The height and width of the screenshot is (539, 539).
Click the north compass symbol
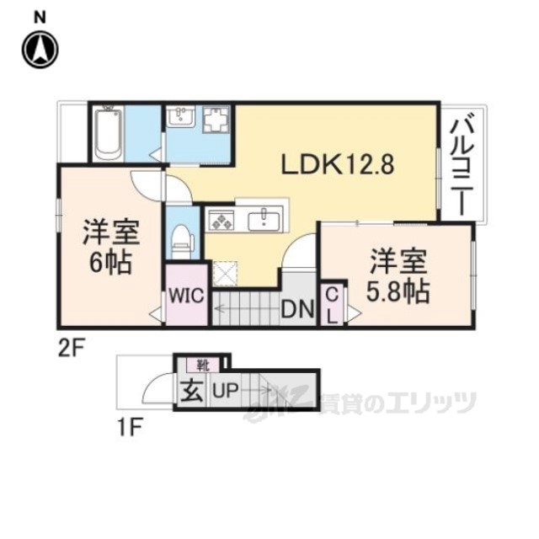pyautogui.click(x=40, y=50)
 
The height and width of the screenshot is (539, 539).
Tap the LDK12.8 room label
pyautogui.click(x=338, y=164)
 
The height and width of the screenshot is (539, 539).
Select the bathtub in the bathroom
pyautogui.click(x=109, y=133)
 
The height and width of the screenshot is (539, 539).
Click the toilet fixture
pyautogui.click(x=182, y=240)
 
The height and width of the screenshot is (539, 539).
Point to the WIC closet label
pyautogui.click(x=186, y=295)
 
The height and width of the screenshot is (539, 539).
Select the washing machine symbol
pyautogui.click(x=216, y=120)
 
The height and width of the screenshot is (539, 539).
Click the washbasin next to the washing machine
pyautogui.click(x=181, y=115)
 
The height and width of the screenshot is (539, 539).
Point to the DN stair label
pyautogui.click(x=297, y=309)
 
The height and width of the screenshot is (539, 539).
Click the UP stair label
pyautogui.click(x=226, y=390)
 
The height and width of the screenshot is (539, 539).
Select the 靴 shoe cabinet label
pyautogui.click(x=203, y=365)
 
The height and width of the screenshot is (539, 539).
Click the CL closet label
pyautogui.click(x=332, y=306)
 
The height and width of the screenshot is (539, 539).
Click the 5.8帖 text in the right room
pyautogui.click(x=398, y=291)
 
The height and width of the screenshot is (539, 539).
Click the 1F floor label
pyautogui.click(x=130, y=427)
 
